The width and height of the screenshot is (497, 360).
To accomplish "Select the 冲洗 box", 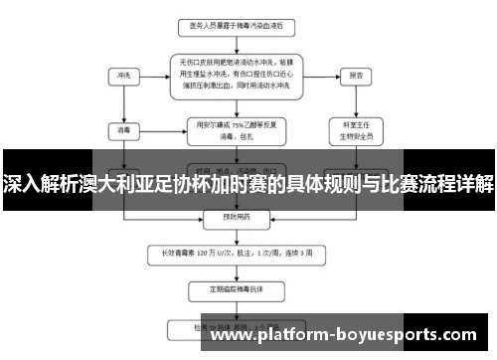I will (125, 75).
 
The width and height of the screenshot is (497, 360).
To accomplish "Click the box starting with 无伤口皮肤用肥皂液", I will (236, 75).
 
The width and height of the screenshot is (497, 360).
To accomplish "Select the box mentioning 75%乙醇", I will (236, 128).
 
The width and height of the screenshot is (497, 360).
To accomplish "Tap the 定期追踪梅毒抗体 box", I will (236, 290).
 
